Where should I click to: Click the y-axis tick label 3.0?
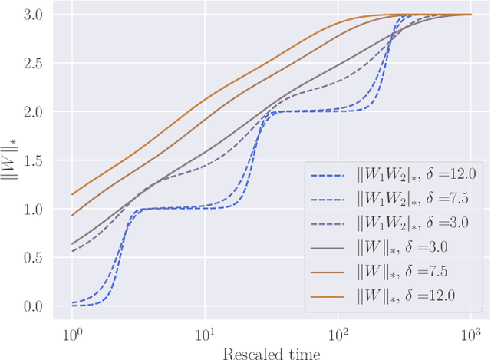click(32, 15)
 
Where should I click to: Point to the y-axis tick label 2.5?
click(32, 64)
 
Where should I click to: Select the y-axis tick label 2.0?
click(32, 112)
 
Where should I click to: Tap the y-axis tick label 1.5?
click(32, 160)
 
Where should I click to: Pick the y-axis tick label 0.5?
click(32, 258)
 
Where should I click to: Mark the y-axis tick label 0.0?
click(32, 306)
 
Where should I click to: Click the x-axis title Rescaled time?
click(271, 352)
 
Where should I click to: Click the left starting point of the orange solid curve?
click(72, 194)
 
